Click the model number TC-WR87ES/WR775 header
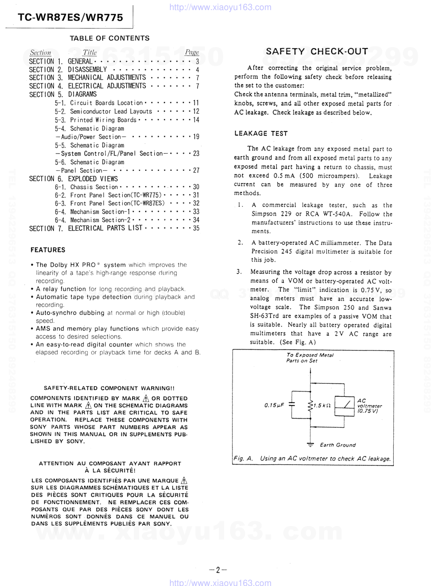[x=70, y=18]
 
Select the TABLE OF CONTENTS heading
[x=109, y=38]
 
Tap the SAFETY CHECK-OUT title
[x=317, y=51]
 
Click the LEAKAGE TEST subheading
[x=261, y=134]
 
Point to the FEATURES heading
[x=48, y=250]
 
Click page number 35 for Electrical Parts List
[x=196, y=228]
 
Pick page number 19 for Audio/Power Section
[x=196, y=137]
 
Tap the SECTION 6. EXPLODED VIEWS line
[x=73, y=179]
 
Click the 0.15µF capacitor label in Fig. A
[x=274, y=406]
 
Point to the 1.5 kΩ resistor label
[x=322, y=406]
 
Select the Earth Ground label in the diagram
[x=338, y=445]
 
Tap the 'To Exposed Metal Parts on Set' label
[x=309, y=358]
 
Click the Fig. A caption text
[x=312, y=459]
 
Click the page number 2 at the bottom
[x=218, y=570]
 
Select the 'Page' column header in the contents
[x=192, y=53]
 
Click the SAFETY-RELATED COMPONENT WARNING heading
[x=109, y=388]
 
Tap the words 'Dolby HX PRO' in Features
[x=72, y=265]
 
